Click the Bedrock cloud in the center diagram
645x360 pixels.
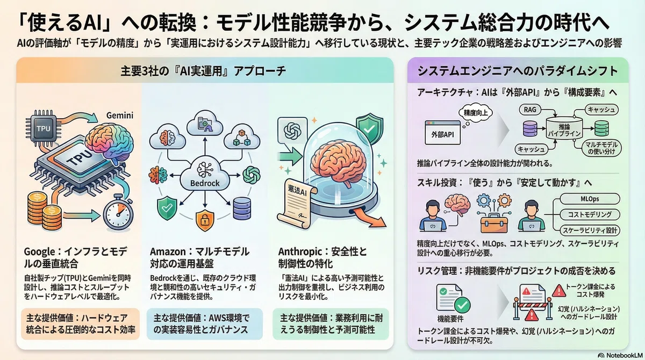[205, 174]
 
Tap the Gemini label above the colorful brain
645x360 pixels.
[120, 116]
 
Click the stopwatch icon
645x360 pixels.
[118, 213]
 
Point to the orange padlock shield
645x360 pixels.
[205, 220]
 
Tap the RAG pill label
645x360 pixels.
[530, 110]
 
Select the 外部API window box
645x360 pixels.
[442, 133]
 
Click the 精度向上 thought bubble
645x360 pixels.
[475, 113]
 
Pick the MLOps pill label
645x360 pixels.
[590, 199]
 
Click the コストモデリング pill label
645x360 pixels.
[590, 214]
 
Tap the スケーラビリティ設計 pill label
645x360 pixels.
[590, 230]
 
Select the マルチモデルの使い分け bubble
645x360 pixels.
[601, 148]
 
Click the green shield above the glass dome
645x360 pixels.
[370, 128]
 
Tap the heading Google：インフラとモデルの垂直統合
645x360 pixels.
[75, 257]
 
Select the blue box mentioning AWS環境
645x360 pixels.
[204, 324]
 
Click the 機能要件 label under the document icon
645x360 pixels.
[450, 319]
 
